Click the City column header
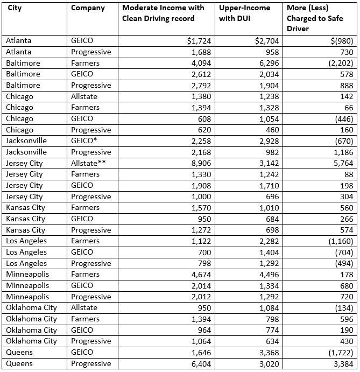(15, 8)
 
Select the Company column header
(88, 8)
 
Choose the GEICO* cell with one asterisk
(84, 141)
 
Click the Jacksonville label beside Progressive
(26, 152)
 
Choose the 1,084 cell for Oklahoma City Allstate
(269, 308)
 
